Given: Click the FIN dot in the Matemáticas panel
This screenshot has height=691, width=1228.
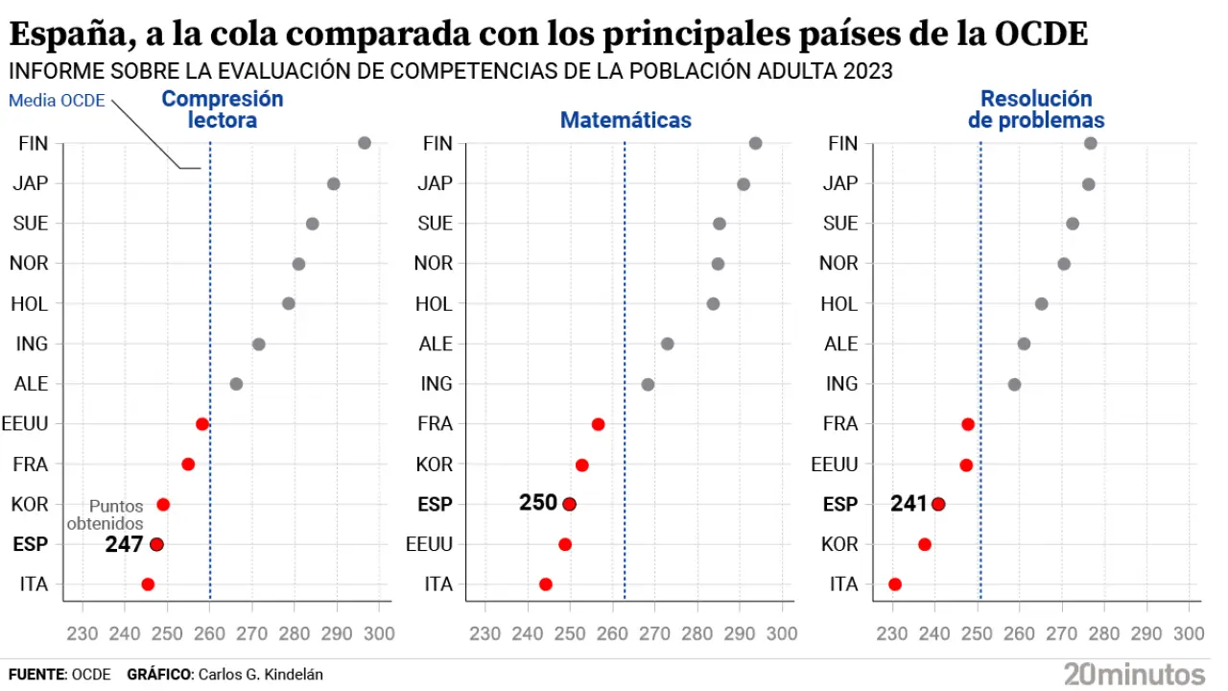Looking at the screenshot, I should (x=755, y=143).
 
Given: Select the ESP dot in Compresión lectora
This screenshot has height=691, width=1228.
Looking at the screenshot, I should (x=156, y=544).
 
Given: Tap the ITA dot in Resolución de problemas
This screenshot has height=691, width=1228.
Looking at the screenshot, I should (x=895, y=584).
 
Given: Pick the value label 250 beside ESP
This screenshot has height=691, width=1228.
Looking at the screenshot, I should (x=538, y=503).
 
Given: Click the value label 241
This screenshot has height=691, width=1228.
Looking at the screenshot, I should (x=909, y=503).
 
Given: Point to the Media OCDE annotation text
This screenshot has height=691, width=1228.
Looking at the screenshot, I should (x=57, y=101).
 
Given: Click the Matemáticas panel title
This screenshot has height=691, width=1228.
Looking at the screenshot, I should (x=626, y=121).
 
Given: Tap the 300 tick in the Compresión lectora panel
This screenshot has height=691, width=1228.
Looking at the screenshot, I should (x=379, y=633).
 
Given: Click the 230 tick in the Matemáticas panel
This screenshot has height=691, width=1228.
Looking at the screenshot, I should (x=485, y=633).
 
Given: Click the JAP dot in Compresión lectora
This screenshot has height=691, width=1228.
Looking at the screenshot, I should (x=333, y=183).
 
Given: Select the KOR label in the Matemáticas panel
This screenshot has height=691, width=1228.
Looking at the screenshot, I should (x=434, y=464).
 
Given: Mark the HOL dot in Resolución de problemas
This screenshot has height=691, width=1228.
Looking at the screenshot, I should (x=1041, y=303).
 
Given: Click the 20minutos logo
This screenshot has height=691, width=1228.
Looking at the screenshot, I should (x=1134, y=673).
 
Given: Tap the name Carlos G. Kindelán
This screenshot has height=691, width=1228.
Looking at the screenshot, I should (x=260, y=675).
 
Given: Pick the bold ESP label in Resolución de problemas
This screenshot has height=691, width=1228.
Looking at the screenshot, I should (x=840, y=504).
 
